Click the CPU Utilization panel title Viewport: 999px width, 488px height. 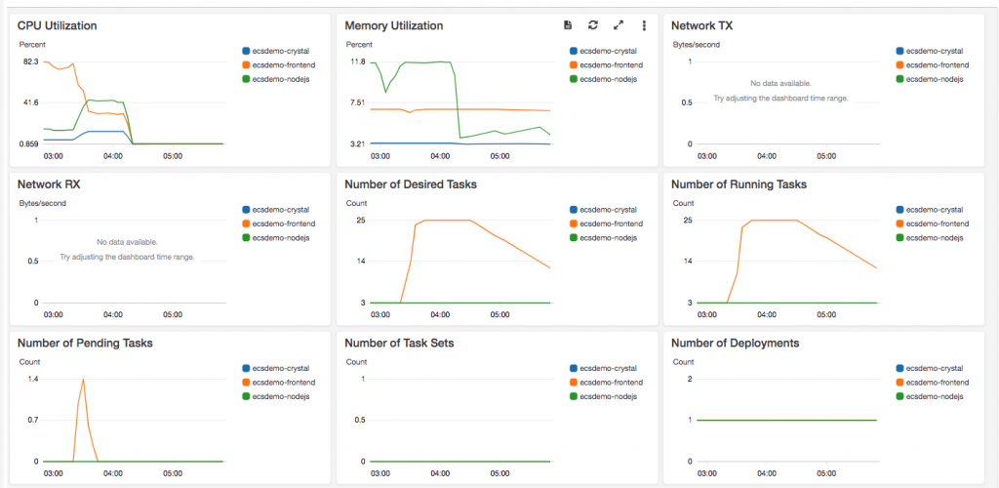click(57, 25)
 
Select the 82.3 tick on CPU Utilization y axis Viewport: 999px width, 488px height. click(30, 62)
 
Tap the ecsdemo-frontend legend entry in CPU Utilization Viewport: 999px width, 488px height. click(283, 64)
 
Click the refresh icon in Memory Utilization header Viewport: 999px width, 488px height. click(592, 25)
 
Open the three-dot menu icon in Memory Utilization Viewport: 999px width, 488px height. click(644, 25)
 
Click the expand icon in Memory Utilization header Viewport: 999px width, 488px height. click(618, 25)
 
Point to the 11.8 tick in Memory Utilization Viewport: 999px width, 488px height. click(357, 62)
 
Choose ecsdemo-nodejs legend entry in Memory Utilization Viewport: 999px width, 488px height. click(608, 79)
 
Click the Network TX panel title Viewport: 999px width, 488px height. click(701, 25)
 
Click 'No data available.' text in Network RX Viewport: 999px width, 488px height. click(127, 241)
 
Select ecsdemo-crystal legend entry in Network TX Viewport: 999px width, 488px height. click(934, 51)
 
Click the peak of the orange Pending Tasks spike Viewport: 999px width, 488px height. click(84, 379)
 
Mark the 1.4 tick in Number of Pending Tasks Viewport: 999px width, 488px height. click(32, 379)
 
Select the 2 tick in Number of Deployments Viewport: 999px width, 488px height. click(690, 379)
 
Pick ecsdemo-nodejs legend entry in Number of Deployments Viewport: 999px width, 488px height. click(935, 396)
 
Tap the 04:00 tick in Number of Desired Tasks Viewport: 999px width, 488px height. click(440, 314)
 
